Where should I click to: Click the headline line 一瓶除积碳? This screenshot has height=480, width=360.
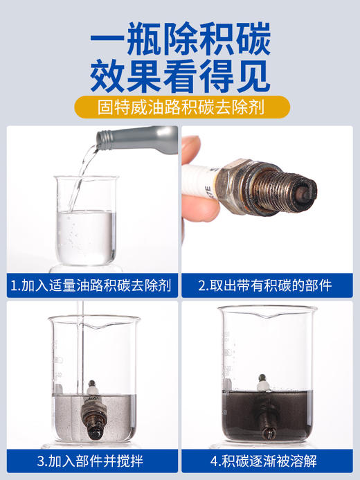point(180,36)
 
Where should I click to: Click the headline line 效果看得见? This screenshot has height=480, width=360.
point(180,76)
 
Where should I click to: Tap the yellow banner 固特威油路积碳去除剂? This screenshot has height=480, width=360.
point(180,108)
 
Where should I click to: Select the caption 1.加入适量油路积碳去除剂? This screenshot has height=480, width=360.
point(91,285)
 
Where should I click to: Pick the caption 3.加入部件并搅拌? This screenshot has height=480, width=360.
point(91,460)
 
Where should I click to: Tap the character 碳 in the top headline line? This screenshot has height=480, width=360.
point(247,36)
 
